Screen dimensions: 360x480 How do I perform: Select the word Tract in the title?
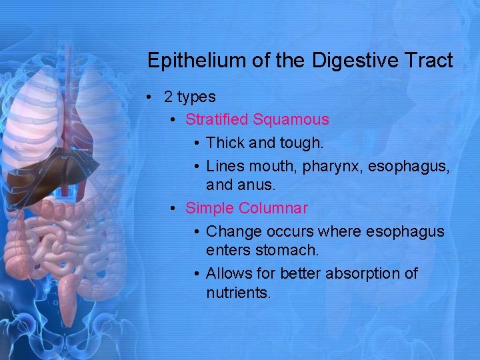[x=427, y=61]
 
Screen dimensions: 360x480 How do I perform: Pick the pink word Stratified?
[x=217, y=120]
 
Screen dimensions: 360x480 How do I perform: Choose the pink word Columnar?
[x=274, y=208]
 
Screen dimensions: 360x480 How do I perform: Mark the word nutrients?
[x=237, y=293]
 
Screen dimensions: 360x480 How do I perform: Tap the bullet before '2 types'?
[x=153, y=97]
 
